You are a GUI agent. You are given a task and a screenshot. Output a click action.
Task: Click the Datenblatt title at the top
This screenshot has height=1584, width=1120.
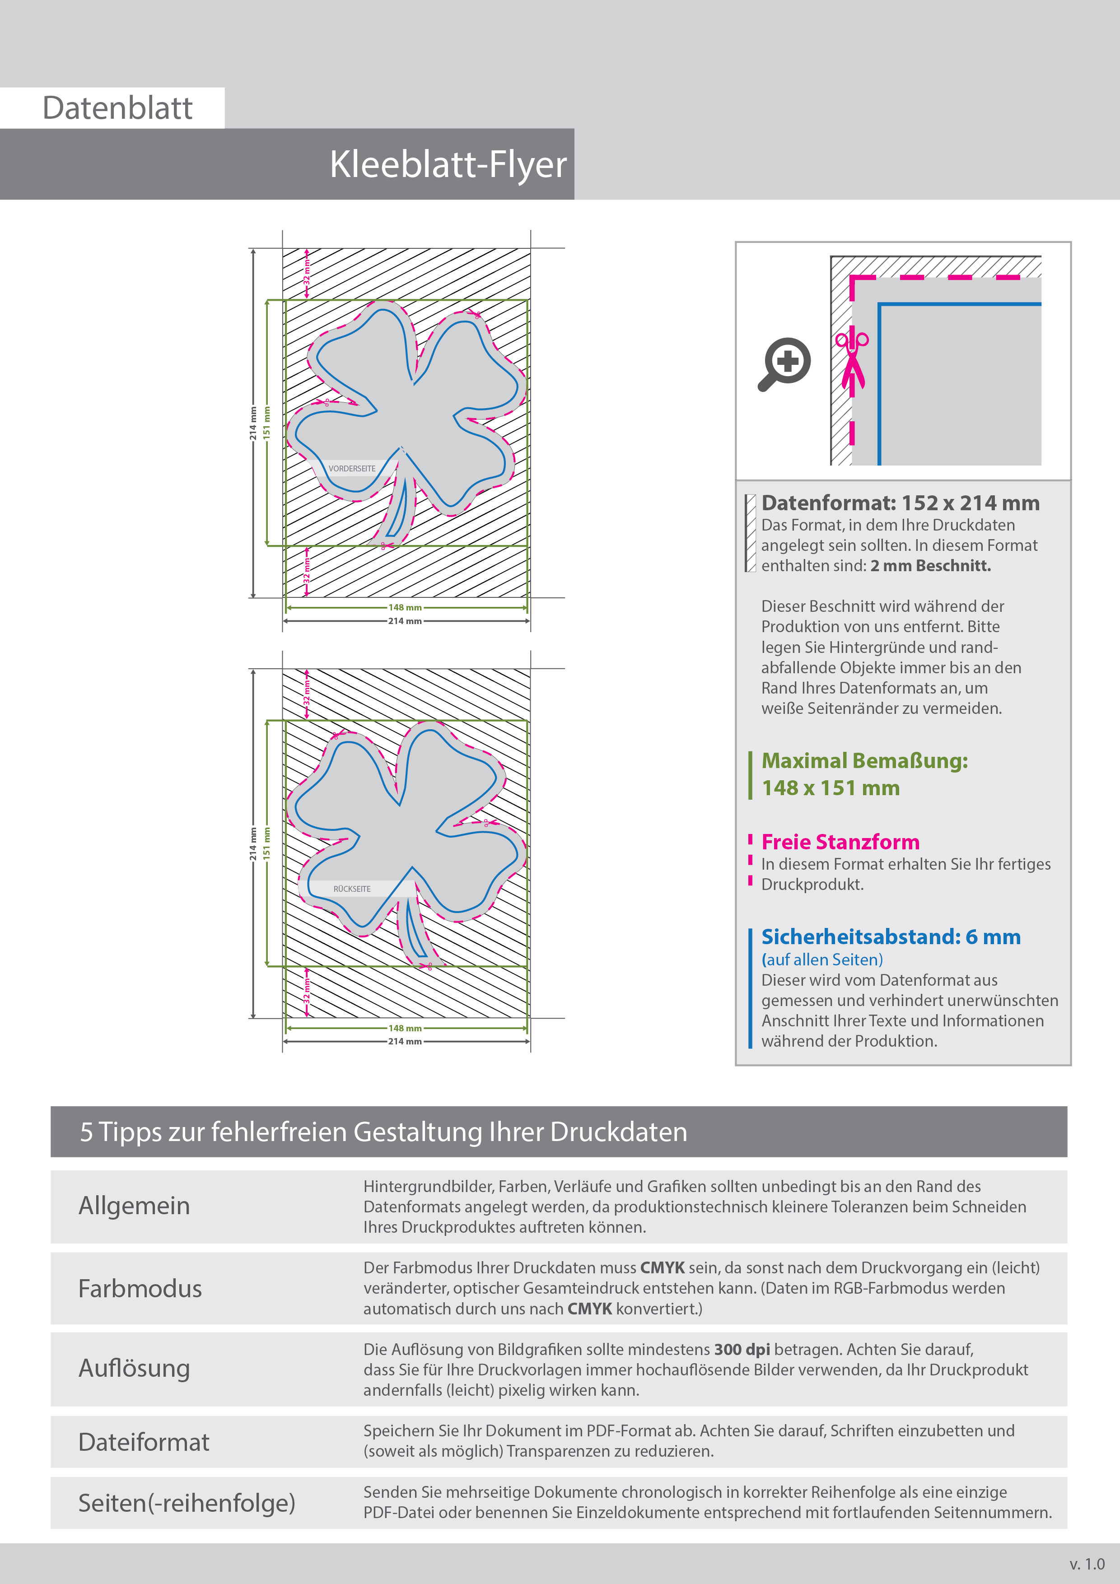point(117,108)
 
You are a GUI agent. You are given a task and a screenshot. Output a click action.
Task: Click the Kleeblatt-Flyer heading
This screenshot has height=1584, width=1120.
point(448,165)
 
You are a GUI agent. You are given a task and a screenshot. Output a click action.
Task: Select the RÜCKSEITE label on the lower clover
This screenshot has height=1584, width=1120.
point(352,889)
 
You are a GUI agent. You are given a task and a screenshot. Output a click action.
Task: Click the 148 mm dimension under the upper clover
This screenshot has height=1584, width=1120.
point(405,608)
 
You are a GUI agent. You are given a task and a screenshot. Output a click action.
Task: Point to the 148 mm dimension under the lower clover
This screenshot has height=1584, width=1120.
point(405,1028)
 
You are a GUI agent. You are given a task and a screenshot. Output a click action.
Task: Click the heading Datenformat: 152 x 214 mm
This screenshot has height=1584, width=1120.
point(900,503)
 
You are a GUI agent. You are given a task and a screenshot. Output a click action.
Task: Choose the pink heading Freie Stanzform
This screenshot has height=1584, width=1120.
point(840,843)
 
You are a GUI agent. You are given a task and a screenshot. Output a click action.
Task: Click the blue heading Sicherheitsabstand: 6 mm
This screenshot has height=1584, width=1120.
point(890,937)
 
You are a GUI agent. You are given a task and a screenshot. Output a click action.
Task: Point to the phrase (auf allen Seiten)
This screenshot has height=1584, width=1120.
point(822,960)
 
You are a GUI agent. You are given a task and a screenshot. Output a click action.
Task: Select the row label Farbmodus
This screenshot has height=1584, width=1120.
point(140,1289)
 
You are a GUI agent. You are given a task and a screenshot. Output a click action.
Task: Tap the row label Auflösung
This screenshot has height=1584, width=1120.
point(134,1368)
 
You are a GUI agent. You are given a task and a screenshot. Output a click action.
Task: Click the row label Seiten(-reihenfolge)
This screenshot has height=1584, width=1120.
point(187,1503)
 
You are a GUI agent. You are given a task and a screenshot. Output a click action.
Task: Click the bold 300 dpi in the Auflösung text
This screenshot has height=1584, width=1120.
point(742,1350)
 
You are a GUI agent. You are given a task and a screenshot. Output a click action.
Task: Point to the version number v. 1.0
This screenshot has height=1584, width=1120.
point(1087,1564)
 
